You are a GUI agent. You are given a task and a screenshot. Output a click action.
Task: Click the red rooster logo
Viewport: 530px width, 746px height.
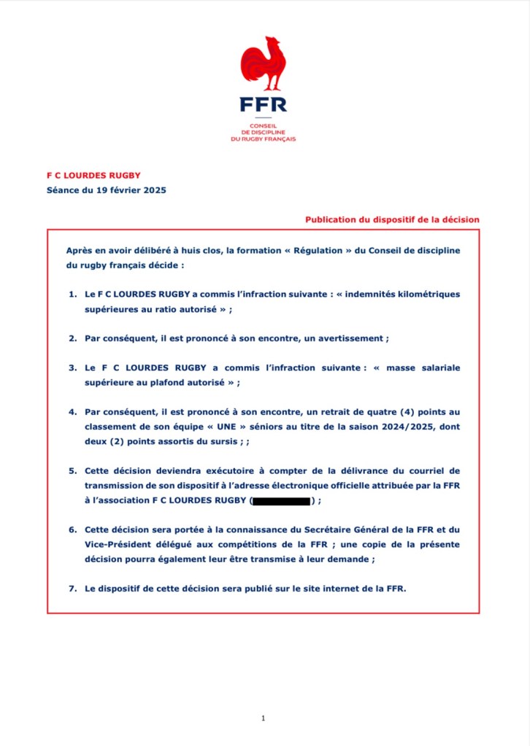click(263, 63)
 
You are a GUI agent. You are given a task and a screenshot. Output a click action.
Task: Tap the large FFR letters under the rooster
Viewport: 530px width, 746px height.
click(264, 104)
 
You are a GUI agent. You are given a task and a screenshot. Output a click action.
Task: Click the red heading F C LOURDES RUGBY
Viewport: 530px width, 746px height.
click(89, 175)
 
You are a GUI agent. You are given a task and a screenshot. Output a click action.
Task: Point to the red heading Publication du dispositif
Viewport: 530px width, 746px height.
click(392, 218)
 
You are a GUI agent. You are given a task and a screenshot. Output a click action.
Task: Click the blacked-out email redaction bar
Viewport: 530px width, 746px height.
click(281, 501)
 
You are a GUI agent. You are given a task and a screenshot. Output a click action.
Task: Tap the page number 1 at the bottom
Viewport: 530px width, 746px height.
click(263, 718)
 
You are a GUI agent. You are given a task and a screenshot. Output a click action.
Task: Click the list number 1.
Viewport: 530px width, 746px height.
click(72, 294)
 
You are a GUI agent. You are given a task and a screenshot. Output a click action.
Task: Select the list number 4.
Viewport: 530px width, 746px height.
click(72, 412)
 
